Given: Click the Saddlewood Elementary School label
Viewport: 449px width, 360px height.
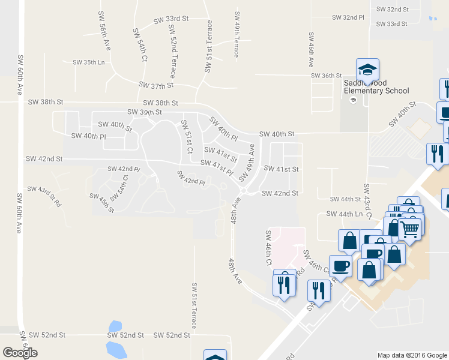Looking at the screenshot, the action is (376, 86).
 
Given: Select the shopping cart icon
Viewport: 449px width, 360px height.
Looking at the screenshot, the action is (410, 228).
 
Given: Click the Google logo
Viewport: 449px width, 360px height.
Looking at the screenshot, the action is (20, 353).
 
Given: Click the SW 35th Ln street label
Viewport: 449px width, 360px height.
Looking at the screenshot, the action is (89, 62).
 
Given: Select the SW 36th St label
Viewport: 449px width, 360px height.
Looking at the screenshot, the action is (326, 75).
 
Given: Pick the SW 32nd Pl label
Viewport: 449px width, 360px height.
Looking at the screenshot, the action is (348, 17).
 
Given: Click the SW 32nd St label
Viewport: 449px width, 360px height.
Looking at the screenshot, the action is (392, 10).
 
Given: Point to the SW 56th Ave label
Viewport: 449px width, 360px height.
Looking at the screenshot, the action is (104, 37).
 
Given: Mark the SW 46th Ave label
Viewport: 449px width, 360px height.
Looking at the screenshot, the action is (312, 50).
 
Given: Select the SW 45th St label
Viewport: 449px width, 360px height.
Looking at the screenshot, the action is (102, 202).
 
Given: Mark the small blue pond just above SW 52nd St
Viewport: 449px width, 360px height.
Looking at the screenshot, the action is (113, 326).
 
